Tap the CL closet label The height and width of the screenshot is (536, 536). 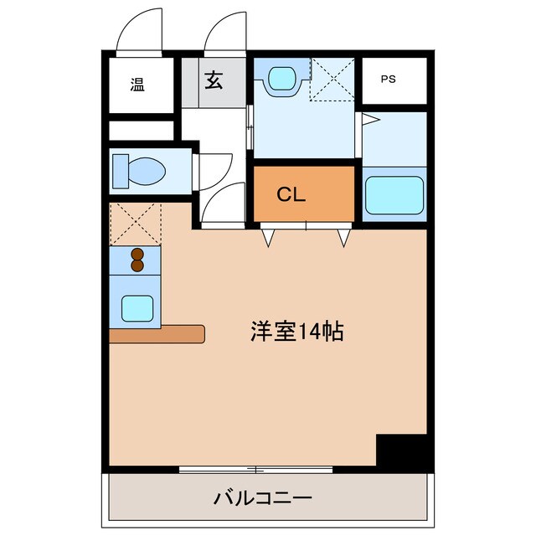292,195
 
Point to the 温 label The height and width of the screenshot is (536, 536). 137,84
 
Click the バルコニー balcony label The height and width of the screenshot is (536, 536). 262,499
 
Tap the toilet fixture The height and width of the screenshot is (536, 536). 141,172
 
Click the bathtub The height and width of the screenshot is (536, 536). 394,196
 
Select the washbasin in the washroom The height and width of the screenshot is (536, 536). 281,79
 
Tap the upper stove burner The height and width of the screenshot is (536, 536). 137,254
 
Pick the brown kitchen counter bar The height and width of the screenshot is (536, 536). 157,333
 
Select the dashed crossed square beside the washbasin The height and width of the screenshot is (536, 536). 333,79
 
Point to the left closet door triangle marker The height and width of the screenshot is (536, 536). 268,239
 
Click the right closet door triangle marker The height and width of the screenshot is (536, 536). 343,239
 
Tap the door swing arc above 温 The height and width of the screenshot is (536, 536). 137,29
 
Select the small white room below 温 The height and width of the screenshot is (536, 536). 141,131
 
